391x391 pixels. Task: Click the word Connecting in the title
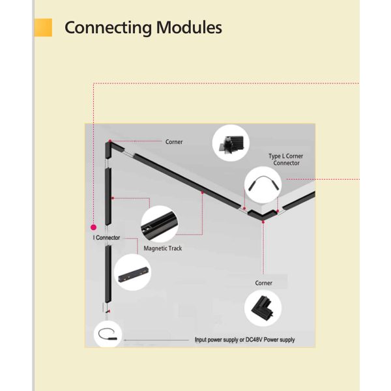pyautogui.click(x=108, y=28)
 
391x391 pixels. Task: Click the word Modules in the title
pyautogui.click(x=189, y=27)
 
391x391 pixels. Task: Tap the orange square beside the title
pyautogui.click(x=43, y=27)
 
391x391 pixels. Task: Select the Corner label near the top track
pyautogui.click(x=174, y=142)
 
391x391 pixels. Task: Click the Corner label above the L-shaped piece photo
pyautogui.click(x=263, y=283)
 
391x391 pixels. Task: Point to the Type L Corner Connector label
pyautogui.click(x=286, y=160)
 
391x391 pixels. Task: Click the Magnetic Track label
pyautogui.click(x=162, y=248)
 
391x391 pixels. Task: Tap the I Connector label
pyautogui.click(x=106, y=238)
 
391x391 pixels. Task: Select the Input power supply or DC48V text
pyautogui.click(x=244, y=340)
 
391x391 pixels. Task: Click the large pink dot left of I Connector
pyautogui.click(x=93, y=227)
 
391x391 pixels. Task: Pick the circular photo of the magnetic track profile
pyautogui.click(x=160, y=224)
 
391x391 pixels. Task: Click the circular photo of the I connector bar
pyautogui.click(x=132, y=272)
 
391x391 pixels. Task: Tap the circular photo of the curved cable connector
pyautogui.click(x=263, y=185)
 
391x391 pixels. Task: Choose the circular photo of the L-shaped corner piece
pyautogui.click(x=263, y=308)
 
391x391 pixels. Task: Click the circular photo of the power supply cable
pyautogui.click(x=108, y=334)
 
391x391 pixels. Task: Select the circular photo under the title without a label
pyautogui.click(x=231, y=143)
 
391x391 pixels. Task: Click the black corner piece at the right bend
pyautogui.click(x=263, y=216)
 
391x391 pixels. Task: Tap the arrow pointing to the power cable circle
pyautogui.click(x=156, y=340)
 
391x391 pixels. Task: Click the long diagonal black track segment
pyautogui.click(x=187, y=181)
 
